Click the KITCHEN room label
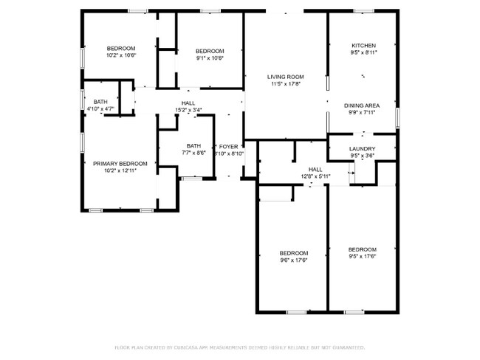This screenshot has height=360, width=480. point(363,45)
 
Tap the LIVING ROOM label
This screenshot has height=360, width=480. point(286,77)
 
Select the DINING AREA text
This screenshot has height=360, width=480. point(362,105)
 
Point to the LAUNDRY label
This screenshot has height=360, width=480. point(363,149)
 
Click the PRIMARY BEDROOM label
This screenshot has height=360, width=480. point(120,163)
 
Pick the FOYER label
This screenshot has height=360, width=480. point(228,147)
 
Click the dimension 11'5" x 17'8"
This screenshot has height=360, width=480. point(286,84)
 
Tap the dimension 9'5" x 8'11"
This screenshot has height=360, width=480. point(363,52)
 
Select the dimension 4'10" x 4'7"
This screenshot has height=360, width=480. point(100,109)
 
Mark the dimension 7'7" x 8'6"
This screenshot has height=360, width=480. point(193,153)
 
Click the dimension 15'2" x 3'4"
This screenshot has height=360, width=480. point(188,110)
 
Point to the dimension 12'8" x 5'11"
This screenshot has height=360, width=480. point(315,176)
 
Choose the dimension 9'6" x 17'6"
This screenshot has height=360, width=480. point(293,260)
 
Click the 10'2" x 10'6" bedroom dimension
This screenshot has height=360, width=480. point(121,55)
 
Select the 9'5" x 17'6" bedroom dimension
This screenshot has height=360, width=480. point(363,257)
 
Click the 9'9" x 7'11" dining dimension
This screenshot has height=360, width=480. point(362,113)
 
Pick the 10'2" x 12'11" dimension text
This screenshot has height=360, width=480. point(120,170)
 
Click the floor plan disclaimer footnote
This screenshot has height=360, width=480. point(240,346)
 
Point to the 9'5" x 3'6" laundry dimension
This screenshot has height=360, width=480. point(363,156)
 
